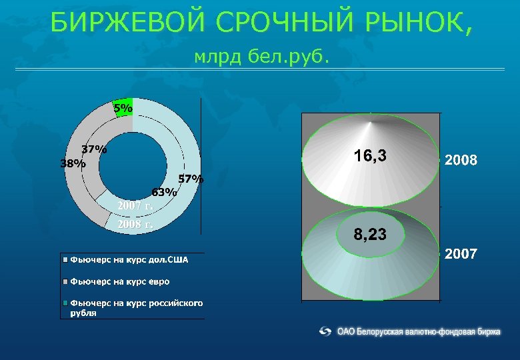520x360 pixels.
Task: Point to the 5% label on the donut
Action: tap(123, 107)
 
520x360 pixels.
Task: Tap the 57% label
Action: tap(191, 179)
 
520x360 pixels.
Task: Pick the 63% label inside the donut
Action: tap(164, 192)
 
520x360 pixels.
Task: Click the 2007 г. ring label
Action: tap(135, 205)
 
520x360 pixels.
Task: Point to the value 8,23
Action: tap(371, 235)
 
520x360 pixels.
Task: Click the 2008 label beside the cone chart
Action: tap(461, 161)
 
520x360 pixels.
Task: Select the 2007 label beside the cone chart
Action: tap(461, 254)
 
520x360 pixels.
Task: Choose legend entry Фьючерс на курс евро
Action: tap(120, 281)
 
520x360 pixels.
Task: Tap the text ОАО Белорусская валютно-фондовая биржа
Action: tap(419, 331)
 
